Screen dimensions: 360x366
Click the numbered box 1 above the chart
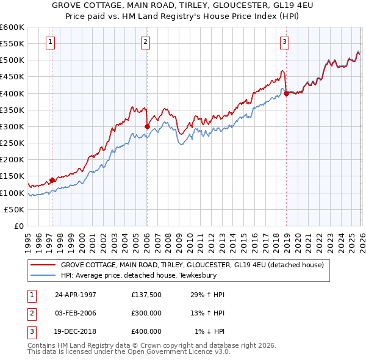click(49, 42)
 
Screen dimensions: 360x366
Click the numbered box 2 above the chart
click(146, 42)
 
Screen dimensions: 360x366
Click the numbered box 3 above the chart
click(284, 42)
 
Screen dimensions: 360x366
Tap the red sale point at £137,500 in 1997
click(52, 180)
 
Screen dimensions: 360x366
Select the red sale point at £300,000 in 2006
click(147, 126)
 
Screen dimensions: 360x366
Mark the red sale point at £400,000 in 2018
click(286, 93)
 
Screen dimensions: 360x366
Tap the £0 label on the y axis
click(18, 226)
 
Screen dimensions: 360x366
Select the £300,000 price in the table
click(146, 313)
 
